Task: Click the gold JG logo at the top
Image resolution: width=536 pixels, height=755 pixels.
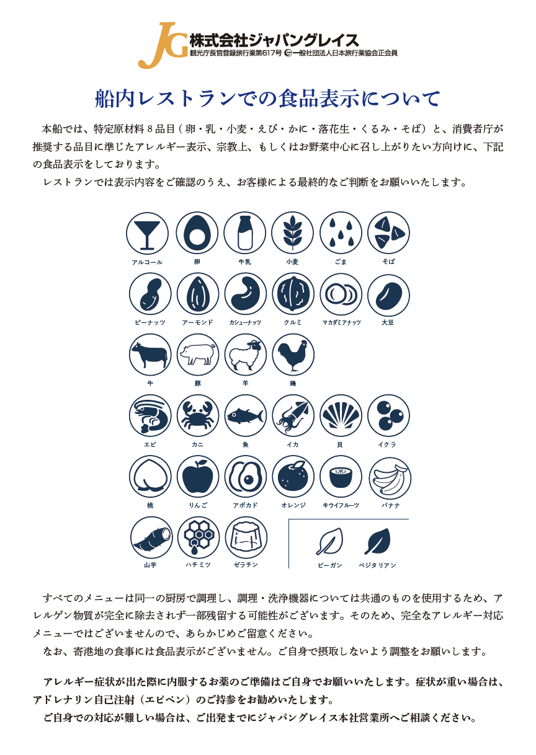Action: pos(163,45)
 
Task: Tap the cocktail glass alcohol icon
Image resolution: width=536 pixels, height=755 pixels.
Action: pos(147,233)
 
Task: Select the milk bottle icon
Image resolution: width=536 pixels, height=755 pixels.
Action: pos(245,233)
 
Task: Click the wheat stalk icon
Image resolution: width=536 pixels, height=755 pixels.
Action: pos(292,233)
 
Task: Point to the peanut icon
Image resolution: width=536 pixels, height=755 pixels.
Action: pos(150,294)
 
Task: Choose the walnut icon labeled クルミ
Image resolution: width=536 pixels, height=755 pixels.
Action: pos(293,294)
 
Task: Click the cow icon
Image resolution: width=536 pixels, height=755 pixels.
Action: pos(150,355)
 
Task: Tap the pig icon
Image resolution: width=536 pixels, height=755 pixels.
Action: pos(198,355)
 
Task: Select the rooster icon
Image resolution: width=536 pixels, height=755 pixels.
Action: pos(293,355)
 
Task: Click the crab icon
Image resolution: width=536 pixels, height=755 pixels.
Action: pos(198,415)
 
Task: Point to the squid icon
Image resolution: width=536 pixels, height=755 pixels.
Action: pos(293,415)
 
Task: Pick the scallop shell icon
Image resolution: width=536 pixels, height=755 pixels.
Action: pos(341,415)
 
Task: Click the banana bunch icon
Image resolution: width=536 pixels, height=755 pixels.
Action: pos(390,478)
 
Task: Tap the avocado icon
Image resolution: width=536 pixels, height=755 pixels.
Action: pos(245,477)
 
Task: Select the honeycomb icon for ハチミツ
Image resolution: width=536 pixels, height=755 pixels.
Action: pos(199,537)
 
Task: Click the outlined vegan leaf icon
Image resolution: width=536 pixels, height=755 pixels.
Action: pos(329,541)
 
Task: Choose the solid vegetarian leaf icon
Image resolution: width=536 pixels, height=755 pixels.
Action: pos(377,541)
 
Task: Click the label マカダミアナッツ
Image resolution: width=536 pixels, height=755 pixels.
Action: pos(341,322)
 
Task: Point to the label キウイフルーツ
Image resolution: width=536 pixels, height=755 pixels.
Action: pos(341,505)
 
